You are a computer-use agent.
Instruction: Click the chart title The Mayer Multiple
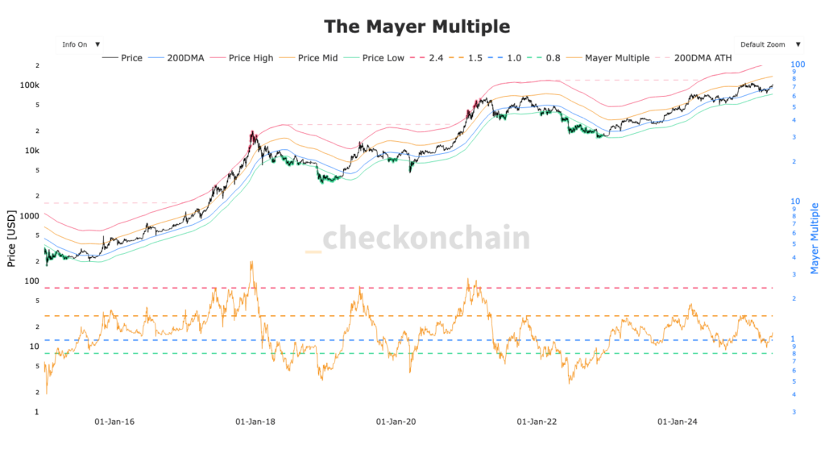pyautogui.click(x=417, y=26)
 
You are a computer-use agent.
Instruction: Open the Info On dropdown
pyautogui.click(x=80, y=44)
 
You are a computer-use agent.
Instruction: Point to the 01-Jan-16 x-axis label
pyautogui.click(x=114, y=422)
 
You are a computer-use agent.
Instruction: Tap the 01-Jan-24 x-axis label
pyautogui.click(x=678, y=422)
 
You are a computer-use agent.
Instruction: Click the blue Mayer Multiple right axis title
pyautogui.click(x=815, y=239)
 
